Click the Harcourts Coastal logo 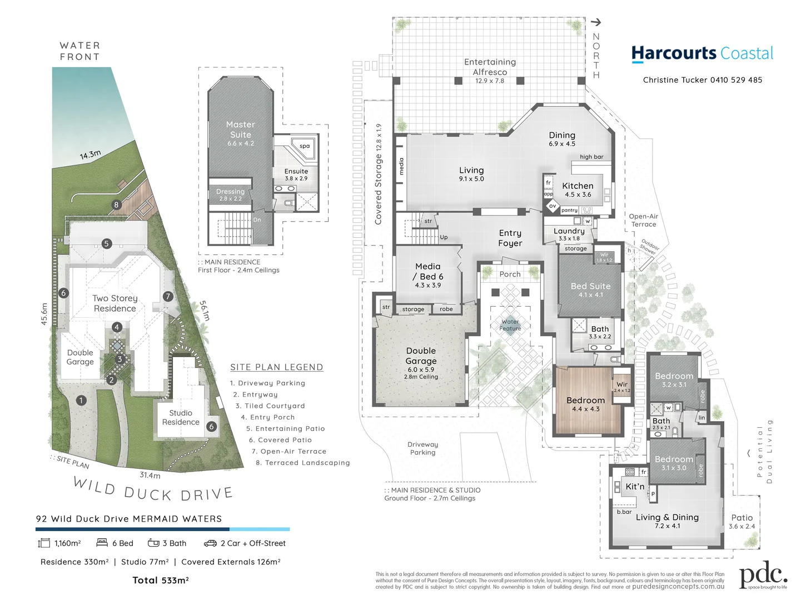(702, 53)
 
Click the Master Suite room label (240, 130)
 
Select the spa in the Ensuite (304, 146)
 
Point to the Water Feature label (510, 325)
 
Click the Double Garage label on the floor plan (421, 356)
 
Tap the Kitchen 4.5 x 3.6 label (578, 189)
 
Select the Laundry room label (569, 231)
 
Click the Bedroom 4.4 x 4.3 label (585, 404)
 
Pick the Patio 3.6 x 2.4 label (742, 521)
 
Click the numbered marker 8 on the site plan (116, 204)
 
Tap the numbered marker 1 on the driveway (81, 400)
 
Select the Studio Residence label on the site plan (181, 417)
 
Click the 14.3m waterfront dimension (90, 155)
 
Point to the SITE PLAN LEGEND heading (276, 367)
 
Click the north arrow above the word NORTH (596, 22)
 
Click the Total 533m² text (161, 581)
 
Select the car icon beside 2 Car (210, 543)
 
